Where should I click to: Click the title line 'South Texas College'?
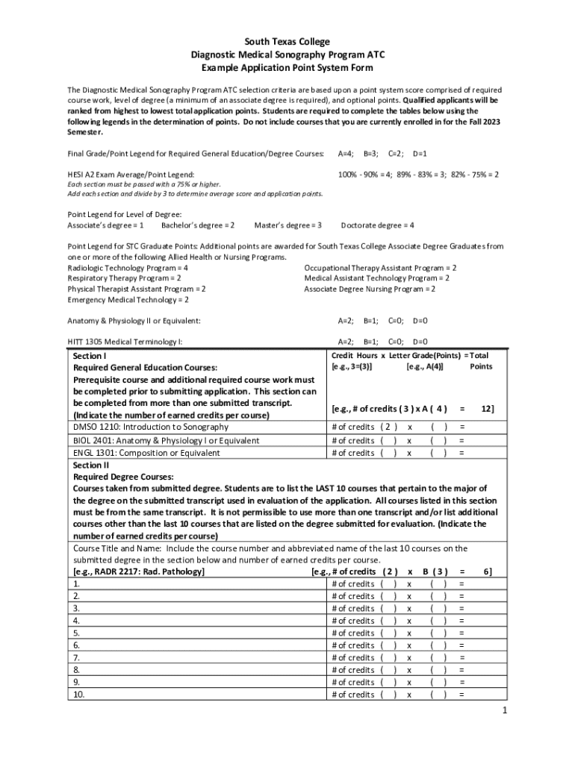click(x=287, y=42)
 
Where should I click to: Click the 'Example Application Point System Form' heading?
click(x=287, y=67)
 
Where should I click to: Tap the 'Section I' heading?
click(x=90, y=357)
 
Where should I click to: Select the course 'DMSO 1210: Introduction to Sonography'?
click(x=151, y=428)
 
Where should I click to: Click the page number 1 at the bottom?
click(x=505, y=710)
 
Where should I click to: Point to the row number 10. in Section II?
click(x=78, y=695)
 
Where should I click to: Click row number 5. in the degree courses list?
click(x=76, y=633)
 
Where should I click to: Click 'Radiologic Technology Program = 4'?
click(x=128, y=267)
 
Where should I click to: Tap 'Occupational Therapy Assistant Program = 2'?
click(x=380, y=267)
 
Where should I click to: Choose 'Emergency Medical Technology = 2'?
click(x=128, y=300)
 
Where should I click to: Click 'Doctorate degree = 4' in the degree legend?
click(x=377, y=225)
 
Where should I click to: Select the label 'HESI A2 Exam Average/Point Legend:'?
click(x=131, y=174)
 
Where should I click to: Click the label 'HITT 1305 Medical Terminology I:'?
click(x=125, y=341)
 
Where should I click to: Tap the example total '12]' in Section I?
click(x=486, y=408)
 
